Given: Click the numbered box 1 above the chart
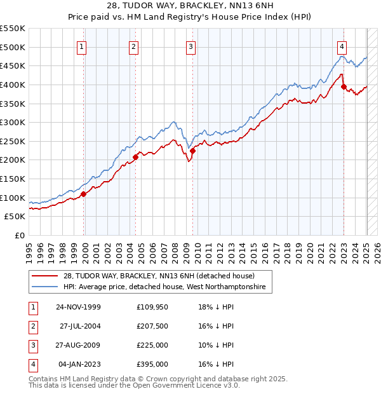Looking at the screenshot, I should (x=83, y=46).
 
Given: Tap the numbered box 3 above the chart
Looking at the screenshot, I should (x=191, y=46).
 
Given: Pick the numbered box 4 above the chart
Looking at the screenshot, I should (x=342, y=46).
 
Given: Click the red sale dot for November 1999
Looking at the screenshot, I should (x=84, y=194).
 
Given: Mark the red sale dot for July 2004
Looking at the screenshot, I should (x=135, y=157).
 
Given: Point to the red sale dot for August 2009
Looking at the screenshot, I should (x=192, y=151).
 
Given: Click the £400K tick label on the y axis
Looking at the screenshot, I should (x=13, y=85).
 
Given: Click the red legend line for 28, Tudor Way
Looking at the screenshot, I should (x=45, y=276).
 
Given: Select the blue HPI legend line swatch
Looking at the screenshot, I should (x=45, y=287).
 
